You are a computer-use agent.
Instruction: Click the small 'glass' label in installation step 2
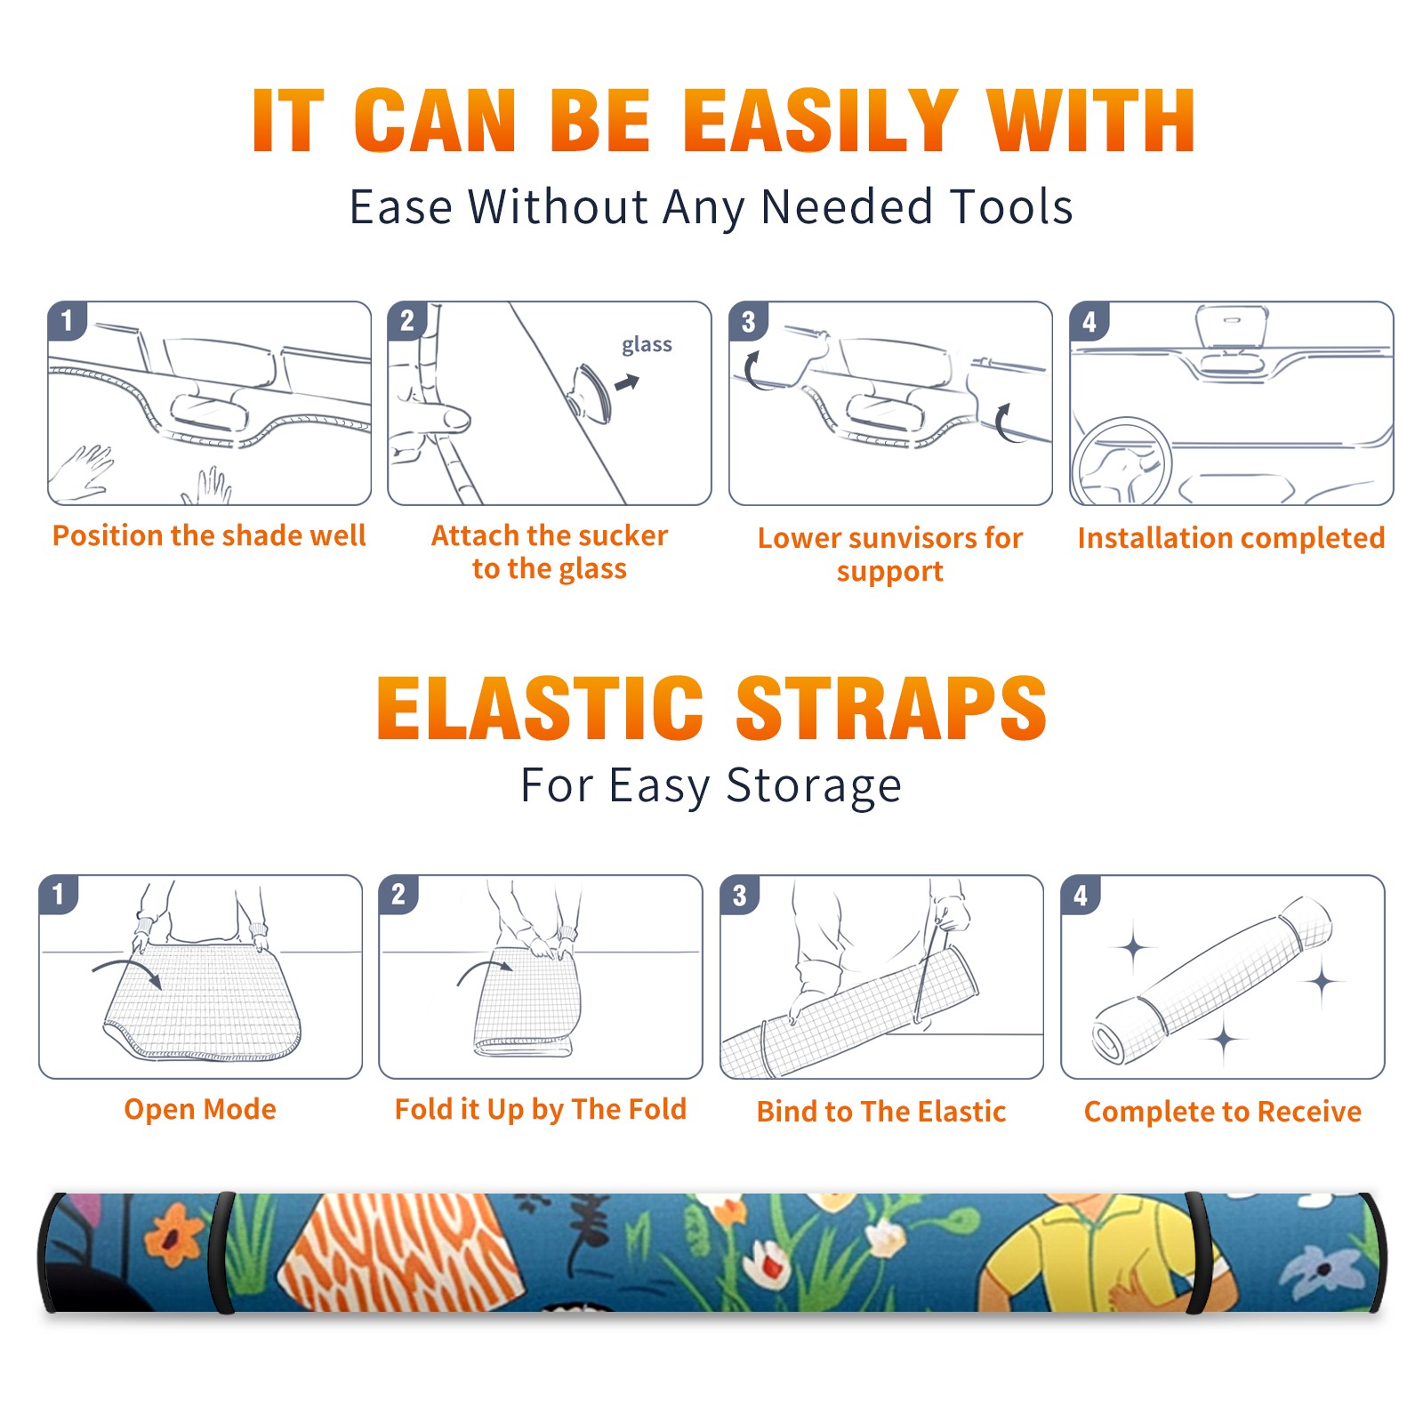click(647, 345)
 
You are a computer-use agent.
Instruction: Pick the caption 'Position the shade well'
click(209, 535)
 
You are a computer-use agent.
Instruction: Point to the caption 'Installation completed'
click(1231, 537)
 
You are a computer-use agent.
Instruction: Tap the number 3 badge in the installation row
click(748, 322)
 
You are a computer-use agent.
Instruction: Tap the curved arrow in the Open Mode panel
click(127, 969)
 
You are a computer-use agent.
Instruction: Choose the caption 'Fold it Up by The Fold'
click(541, 1109)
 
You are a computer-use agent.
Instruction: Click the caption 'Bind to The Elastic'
click(881, 1112)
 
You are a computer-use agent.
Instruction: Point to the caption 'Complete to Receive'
click(1223, 1112)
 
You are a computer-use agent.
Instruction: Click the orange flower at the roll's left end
click(174, 1234)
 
